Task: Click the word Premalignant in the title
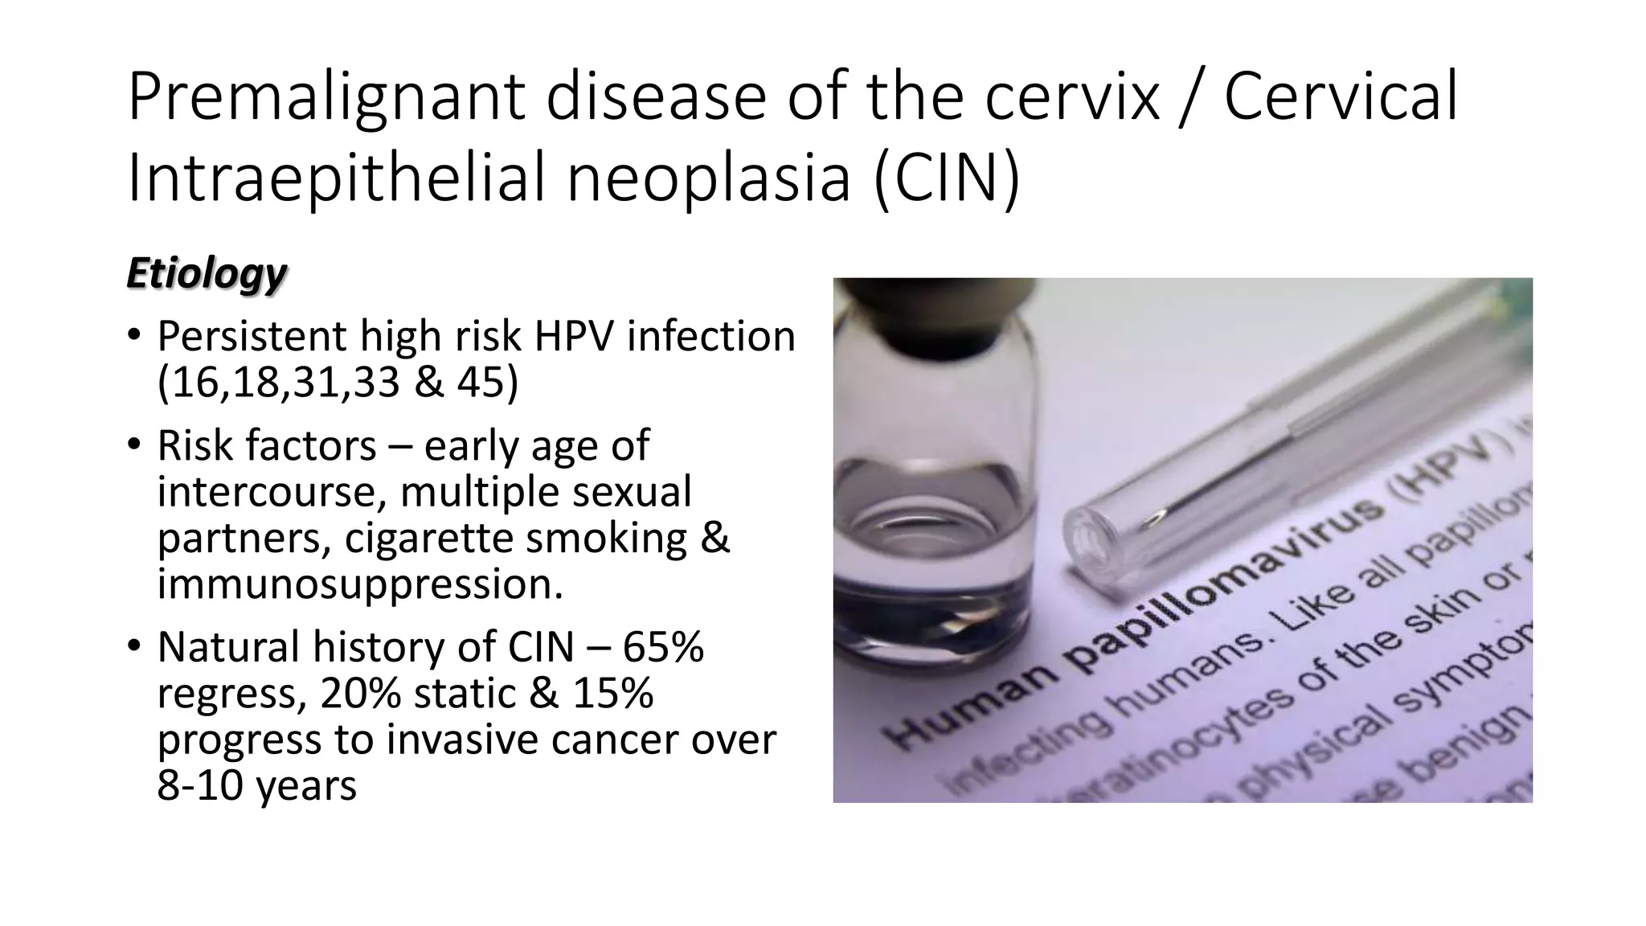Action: click(326, 98)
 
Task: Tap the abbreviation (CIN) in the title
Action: click(947, 178)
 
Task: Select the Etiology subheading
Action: click(207, 274)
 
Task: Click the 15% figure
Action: click(612, 694)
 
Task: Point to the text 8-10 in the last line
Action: click(201, 785)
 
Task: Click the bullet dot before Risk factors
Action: click(134, 446)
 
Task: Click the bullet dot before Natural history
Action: click(134, 647)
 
